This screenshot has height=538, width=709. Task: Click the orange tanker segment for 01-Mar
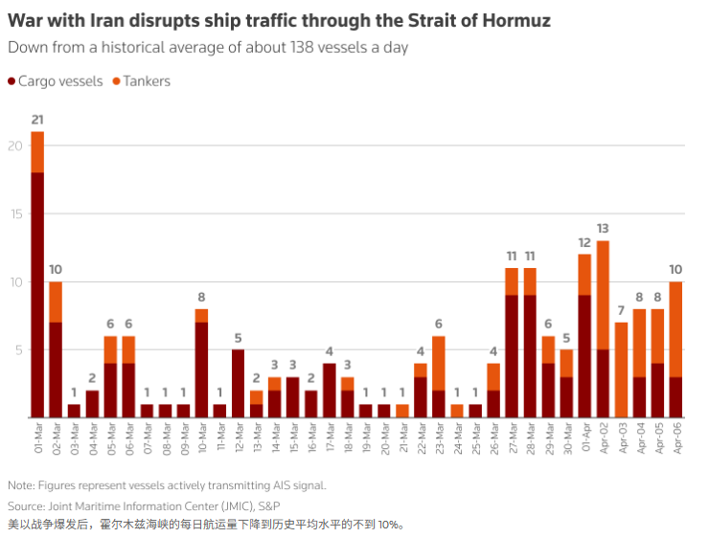click(37, 151)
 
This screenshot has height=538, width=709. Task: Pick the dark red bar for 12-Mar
click(239, 383)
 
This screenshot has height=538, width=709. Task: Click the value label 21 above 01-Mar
click(37, 120)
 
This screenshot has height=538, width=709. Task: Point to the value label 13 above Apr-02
click(603, 229)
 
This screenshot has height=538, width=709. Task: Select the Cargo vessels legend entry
click(56, 81)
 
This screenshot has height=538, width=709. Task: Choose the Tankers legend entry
click(142, 81)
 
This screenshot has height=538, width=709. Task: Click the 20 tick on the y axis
click(13, 146)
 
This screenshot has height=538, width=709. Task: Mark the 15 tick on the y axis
click(13, 213)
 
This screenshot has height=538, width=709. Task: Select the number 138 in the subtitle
click(298, 47)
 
